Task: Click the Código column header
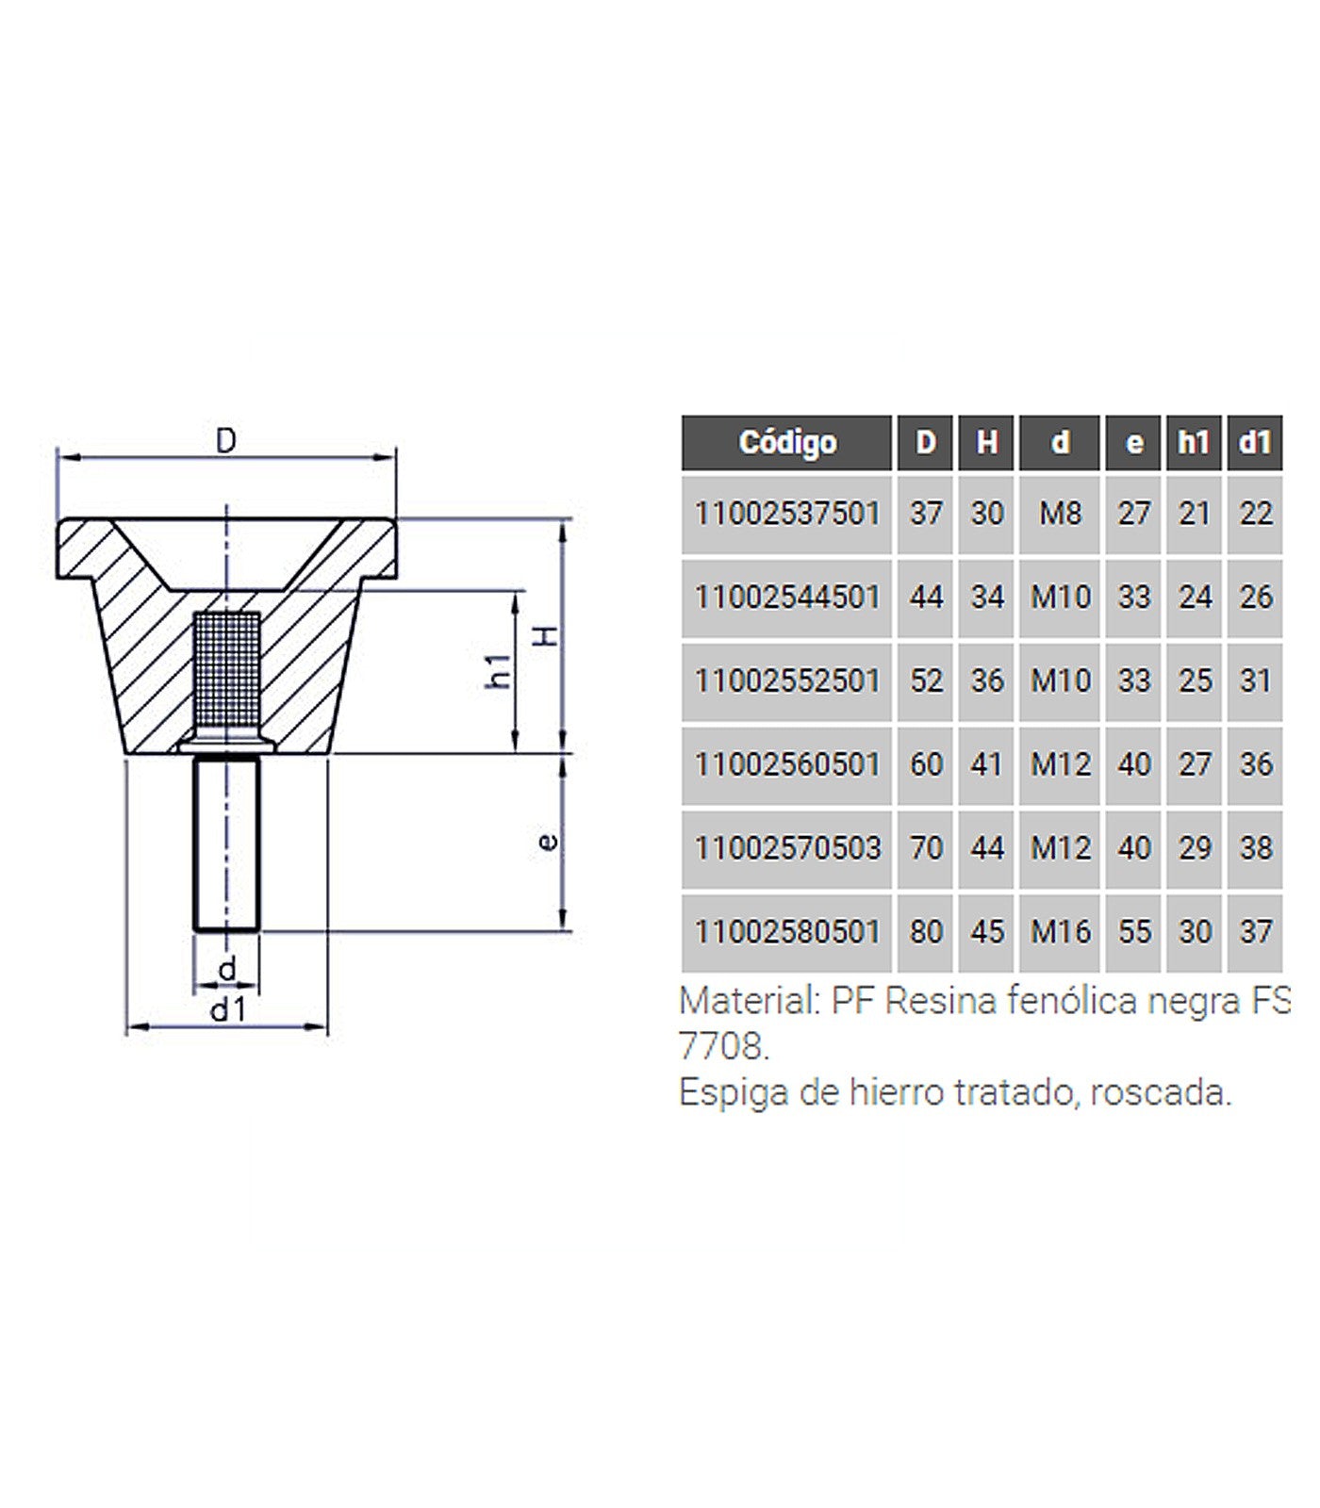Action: (786, 442)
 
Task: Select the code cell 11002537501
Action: (786, 514)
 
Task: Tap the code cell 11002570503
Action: (786, 847)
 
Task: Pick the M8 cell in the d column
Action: (1060, 514)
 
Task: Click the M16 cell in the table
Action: (1060, 931)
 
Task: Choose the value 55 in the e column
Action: (1134, 931)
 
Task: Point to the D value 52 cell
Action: (925, 680)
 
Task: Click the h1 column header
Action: (1194, 442)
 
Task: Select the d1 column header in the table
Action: (1255, 442)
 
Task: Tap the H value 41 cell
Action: (986, 764)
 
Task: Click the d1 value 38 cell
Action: (1255, 847)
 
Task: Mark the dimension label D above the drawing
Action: (225, 440)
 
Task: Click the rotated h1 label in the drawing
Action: (500, 670)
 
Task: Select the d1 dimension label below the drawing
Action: (227, 1010)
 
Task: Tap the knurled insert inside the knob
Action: (226, 671)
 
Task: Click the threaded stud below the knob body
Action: (226, 844)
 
